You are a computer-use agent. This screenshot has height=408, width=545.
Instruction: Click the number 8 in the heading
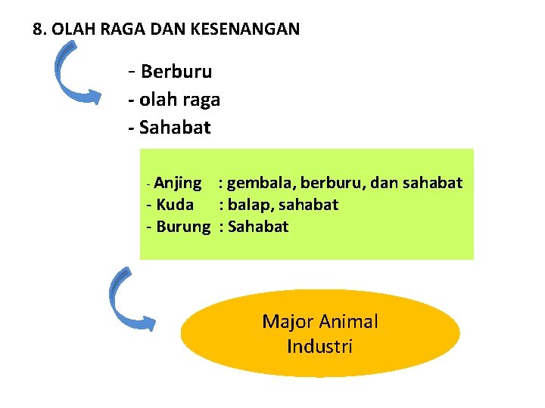(x=38, y=29)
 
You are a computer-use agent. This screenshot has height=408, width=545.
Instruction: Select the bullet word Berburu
(x=176, y=72)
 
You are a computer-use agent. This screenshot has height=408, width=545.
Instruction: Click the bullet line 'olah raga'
(x=179, y=100)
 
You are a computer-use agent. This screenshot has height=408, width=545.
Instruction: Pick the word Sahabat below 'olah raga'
(x=176, y=127)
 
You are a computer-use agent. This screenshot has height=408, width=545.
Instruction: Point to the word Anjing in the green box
(x=178, y=183)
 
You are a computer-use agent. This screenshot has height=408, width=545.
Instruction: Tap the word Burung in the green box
(x=183, y=227)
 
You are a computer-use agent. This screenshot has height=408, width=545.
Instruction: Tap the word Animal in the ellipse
(x=349, y=322)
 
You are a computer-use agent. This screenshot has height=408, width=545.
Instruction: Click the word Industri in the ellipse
(x=319, y=347)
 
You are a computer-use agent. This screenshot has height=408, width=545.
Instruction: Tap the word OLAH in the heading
(x=70, y=29)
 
